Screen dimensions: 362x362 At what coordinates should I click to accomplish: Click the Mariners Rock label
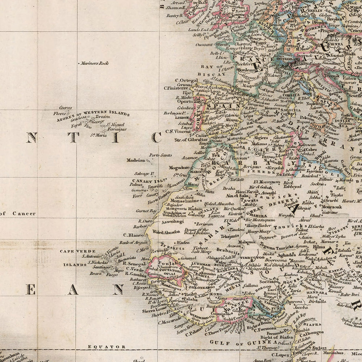point(95,63)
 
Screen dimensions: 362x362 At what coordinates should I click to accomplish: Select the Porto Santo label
point(161,155)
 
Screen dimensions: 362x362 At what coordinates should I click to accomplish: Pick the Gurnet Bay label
point(146,211)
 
